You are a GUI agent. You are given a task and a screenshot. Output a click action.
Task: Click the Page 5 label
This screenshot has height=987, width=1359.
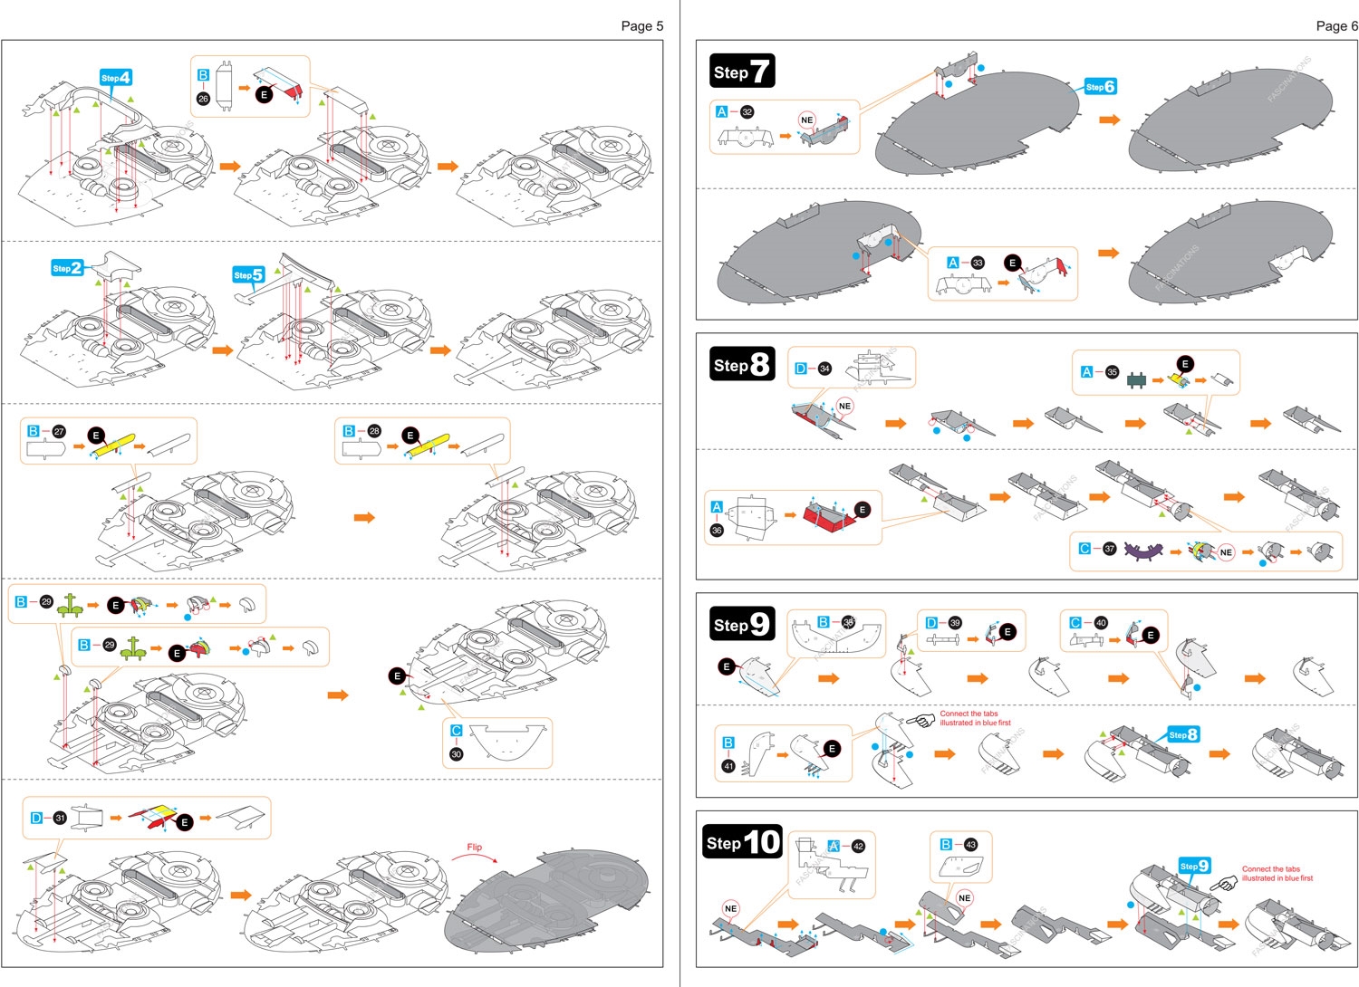(x=641, y=26)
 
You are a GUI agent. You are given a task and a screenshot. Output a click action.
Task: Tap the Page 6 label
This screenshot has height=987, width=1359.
(x=1336, y=26)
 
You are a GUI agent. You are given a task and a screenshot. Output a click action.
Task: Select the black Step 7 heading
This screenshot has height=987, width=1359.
(x=742, y=72)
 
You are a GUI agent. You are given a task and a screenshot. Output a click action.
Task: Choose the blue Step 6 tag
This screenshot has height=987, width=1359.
(x=1100, y=87)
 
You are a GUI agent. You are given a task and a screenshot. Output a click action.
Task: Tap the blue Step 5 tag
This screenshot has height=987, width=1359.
(x=248, y=275)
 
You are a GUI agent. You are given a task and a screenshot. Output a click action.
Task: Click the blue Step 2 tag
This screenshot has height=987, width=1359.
(x=67, y=268)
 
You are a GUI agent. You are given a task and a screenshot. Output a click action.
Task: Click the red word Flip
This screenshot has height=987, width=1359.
(x=474, y=848)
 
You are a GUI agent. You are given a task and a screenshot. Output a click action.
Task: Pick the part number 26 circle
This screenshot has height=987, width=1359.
(x=203, y=99)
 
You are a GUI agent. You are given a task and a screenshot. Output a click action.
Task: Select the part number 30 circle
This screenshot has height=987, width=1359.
(x=456, y=754)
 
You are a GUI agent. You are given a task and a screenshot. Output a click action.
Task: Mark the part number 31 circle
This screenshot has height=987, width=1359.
(x=60, y=818)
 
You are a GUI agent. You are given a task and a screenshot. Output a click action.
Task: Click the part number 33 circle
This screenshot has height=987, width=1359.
(x=977, y=263)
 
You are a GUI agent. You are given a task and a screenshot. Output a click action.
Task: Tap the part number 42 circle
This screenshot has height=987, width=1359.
(x=858, y=846)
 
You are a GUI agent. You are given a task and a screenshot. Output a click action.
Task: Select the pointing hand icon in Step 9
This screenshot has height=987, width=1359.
(x=921, y=721)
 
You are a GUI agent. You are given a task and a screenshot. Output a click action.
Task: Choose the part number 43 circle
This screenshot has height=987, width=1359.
(x=970, y=844)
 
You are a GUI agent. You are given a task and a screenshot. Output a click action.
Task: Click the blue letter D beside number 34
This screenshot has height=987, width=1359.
(x=800, y=369)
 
